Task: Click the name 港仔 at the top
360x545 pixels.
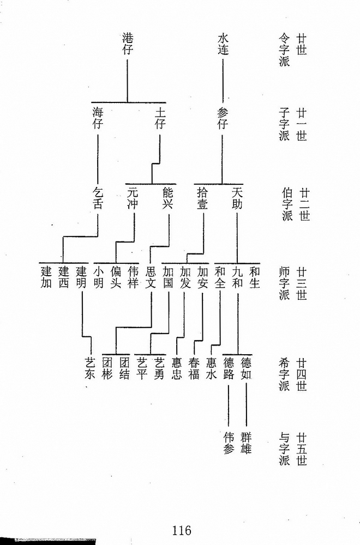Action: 128,44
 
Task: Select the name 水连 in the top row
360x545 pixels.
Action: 223,44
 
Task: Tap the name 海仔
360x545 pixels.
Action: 98,118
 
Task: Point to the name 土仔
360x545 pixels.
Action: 160,118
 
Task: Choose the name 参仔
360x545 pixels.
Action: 223,118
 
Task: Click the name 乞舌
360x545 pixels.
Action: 98,198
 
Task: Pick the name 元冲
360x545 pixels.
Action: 133,198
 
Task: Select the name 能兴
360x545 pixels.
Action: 167,198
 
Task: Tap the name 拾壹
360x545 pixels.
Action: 202,198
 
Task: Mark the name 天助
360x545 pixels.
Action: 237,198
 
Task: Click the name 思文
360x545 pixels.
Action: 151,277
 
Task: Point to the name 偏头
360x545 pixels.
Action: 116,277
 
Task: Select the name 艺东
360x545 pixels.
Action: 90,368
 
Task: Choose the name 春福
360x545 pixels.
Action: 194,368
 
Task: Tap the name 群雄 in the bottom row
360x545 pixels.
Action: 245,443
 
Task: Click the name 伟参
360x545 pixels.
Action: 229,443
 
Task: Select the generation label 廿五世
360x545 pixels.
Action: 302,449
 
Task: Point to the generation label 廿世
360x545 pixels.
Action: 302,44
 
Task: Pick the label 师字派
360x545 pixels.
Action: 284,283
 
